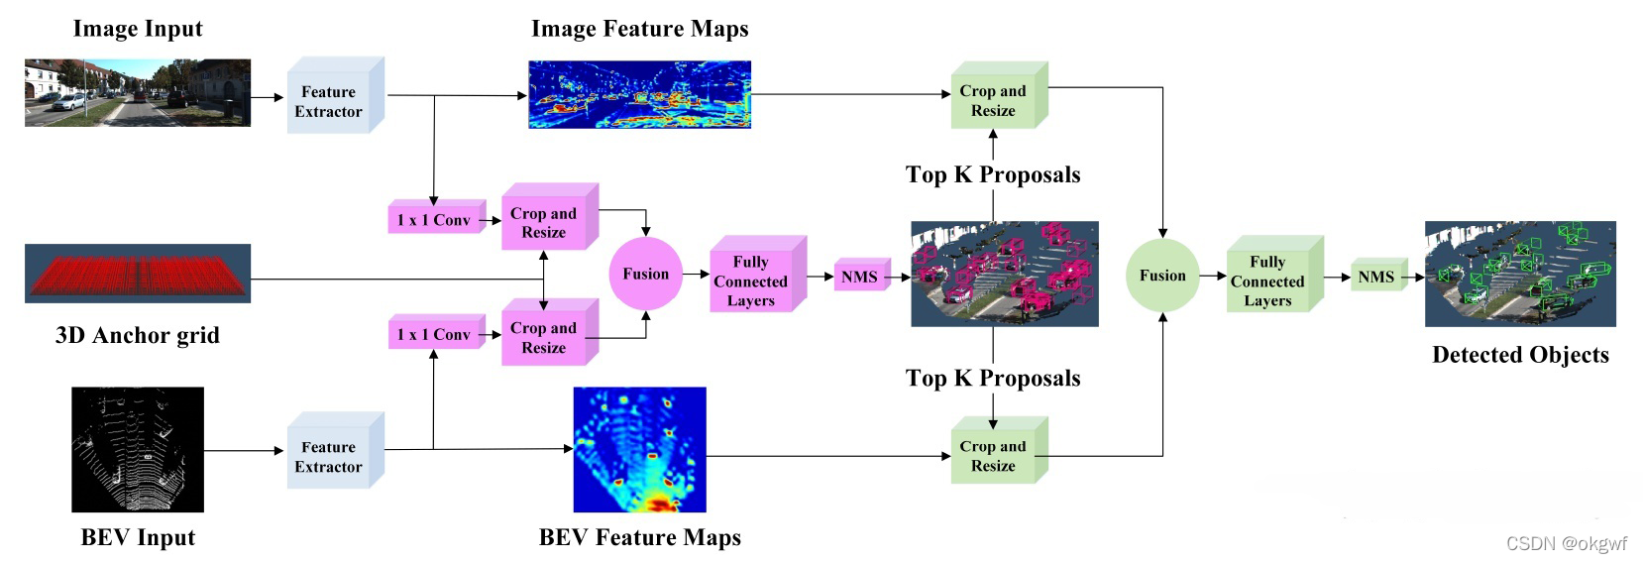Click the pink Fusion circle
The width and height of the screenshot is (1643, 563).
coord(645,274)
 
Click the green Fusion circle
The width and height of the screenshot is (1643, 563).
coord(1162,276)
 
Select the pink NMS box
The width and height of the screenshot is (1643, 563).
coord(859,278)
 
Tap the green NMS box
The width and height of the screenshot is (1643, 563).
coord(1375,278)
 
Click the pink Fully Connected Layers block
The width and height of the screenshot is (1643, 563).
coord(751,281)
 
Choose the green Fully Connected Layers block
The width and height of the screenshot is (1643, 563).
coord(1267,281)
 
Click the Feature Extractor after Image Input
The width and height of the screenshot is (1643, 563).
coord(329,101)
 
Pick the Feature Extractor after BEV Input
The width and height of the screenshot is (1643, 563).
coord(329,456)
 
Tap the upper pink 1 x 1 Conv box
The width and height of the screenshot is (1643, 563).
coord(434,220)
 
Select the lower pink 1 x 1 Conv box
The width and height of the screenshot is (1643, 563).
coord(434,335)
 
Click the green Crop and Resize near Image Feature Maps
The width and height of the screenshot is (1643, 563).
coord(993,100)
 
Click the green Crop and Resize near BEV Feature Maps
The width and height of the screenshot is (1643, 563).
coord(993,455)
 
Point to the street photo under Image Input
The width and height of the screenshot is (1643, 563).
coord(138,92)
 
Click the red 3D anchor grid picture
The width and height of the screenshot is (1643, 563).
coord(138,273)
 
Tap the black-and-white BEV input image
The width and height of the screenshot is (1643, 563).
coord(138,449)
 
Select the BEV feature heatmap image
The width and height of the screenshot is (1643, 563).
coord(639,449)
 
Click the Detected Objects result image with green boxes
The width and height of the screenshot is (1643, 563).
coord(1520,274)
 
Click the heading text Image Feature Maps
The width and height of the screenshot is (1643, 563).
coord(639,29)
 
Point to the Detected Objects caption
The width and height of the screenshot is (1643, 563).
coord(1520,355)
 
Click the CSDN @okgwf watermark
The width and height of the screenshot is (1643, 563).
coord(1566,543)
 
